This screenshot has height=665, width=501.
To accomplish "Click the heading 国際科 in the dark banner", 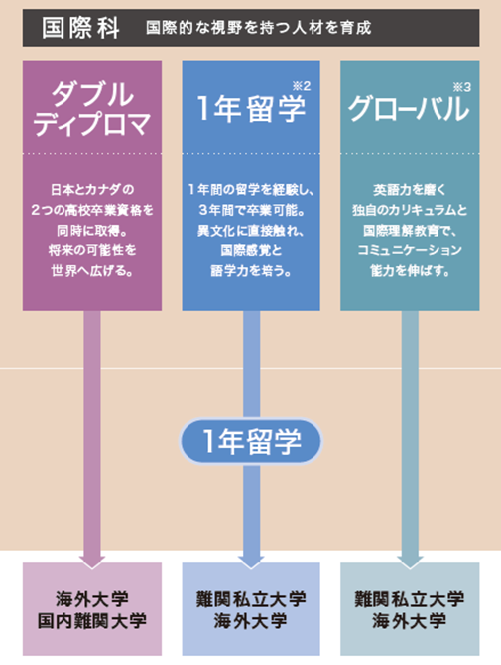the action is click(80, 28).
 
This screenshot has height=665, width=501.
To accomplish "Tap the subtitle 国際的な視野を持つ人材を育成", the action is click(259, 28).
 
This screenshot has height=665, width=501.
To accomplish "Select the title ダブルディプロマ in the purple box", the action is click(92, 109).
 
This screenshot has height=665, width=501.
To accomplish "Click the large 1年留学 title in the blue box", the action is click(251, 109).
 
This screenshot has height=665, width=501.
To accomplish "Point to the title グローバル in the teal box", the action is click(409, 109).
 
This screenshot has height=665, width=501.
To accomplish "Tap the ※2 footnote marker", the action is click(302, 86).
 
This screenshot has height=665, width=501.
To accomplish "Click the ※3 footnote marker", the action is click(462, 87).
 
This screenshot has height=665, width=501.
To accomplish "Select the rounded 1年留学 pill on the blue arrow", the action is click(251, 441).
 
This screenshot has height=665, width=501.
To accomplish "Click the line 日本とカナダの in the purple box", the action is click(92, 189).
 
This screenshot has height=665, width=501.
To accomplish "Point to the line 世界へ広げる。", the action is click(92, 270).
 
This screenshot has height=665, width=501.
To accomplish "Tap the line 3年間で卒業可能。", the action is click(251, 210).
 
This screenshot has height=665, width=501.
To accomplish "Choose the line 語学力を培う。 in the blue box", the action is click(251, 270).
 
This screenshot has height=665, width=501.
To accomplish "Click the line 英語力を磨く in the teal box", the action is click(410, 189).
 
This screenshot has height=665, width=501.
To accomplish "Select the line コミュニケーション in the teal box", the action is click(410, 250).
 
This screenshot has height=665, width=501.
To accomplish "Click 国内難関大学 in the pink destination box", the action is click(92, 621).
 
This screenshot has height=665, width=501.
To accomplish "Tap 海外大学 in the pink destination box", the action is click(92, 599).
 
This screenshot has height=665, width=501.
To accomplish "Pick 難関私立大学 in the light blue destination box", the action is click(251, 599).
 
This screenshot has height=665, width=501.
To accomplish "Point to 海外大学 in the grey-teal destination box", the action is click(410, 621).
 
